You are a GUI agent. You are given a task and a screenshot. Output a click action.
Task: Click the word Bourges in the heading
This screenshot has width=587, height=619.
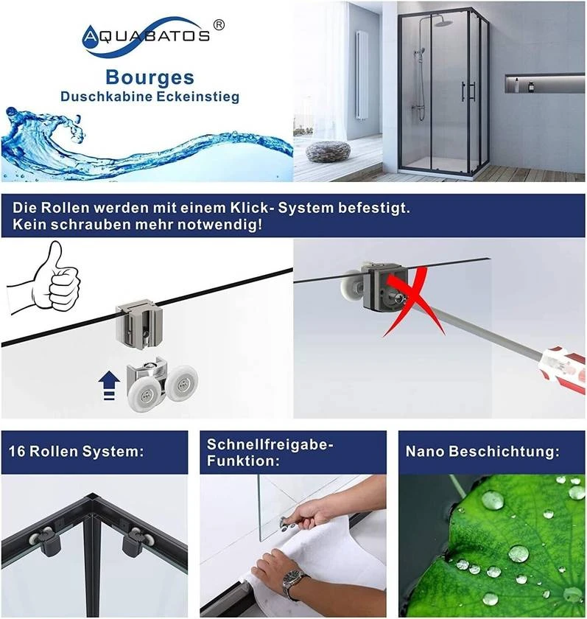(150, 78)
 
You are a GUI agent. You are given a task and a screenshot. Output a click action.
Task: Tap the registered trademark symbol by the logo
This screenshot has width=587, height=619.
(219, 25)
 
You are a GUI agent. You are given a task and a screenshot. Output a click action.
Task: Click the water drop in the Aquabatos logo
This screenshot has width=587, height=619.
(90, 37)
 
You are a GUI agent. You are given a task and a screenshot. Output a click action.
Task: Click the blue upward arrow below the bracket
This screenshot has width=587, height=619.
(109, 385)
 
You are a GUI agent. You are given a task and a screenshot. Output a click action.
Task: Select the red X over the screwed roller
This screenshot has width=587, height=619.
(414, 302)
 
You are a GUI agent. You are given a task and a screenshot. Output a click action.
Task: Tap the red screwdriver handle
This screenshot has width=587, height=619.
(563, 368)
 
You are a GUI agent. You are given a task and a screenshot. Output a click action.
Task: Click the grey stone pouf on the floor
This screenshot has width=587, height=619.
(328, 152)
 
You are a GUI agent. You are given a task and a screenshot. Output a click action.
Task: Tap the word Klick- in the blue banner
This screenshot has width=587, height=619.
(252, 208)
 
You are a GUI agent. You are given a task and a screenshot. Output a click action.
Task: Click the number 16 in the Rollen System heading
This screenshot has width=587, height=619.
(17, 451)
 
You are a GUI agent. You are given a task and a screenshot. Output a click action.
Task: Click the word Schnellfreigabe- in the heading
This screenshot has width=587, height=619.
(270, 444)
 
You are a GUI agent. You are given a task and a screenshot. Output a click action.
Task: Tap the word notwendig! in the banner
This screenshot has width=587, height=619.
(219, 225)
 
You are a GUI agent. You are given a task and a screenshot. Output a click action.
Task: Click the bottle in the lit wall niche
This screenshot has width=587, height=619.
(531, 85)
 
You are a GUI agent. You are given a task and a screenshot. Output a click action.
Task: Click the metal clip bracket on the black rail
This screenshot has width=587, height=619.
(139, 324)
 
